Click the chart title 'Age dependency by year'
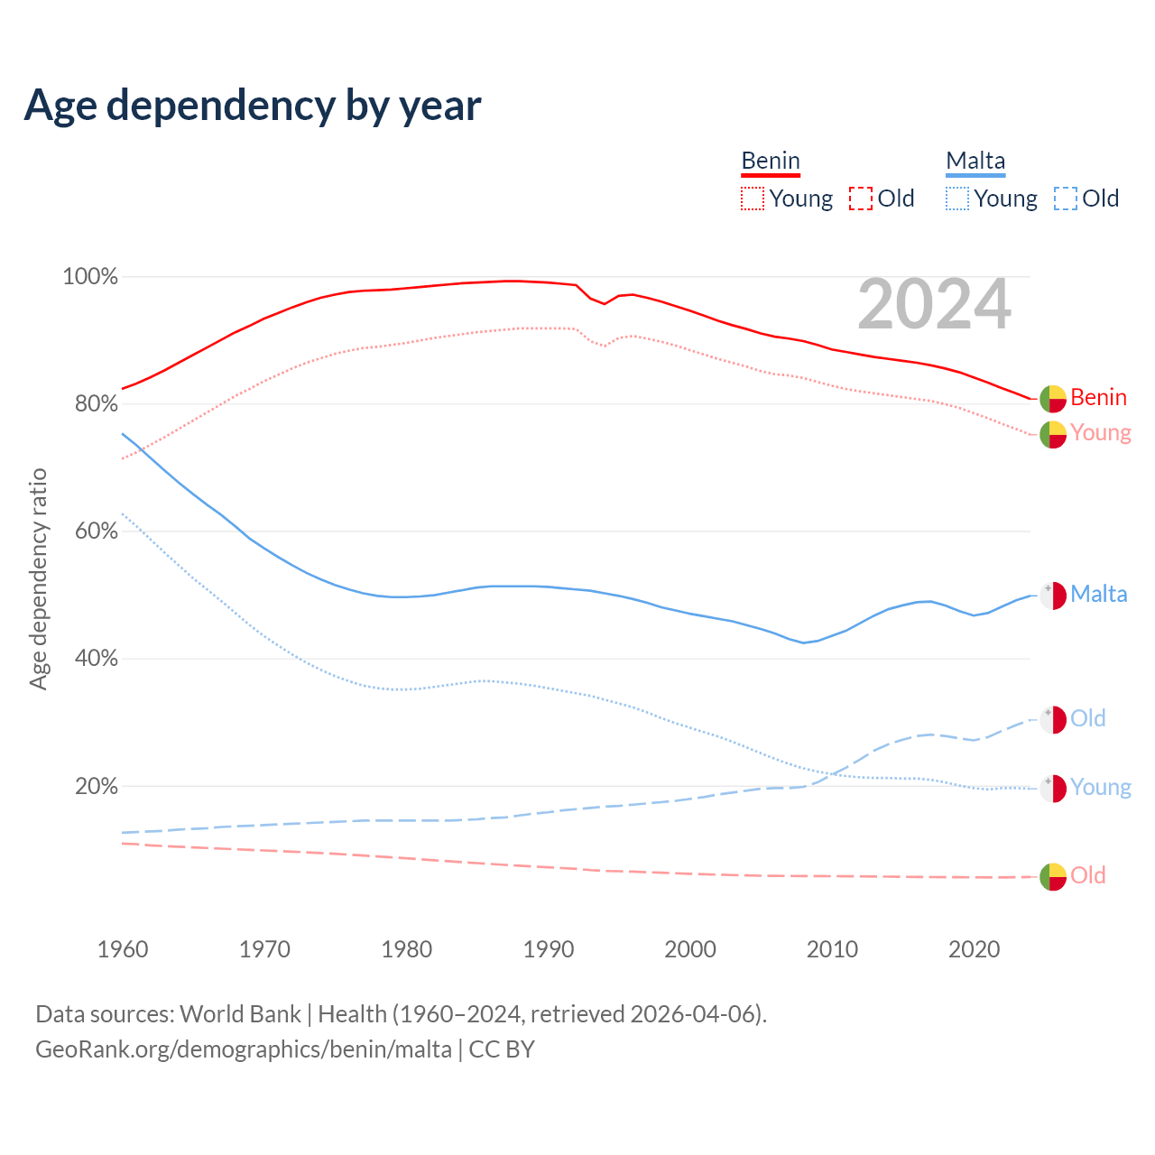point(253,105)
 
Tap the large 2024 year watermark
point(934,304)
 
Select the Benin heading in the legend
point(771,161)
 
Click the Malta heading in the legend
point(975,161)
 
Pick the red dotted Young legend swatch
point(753,199)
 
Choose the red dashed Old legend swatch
point(861,199)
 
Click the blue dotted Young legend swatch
point(957,199)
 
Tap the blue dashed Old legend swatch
point(1066,199)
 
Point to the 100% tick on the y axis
point(90,277)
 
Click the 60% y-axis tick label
point(96,531)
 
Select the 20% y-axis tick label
point(96,786)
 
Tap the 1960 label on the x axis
point(123,949)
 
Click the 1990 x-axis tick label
point(549,949)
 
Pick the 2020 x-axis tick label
point(975,949)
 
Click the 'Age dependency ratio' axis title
point(38,578)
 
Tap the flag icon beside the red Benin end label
point(1053,398)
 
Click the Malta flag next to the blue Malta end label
point(1053,596)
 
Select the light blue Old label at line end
point(1088,718)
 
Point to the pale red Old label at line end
point(1088,875)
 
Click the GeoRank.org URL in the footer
point(244,1049)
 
